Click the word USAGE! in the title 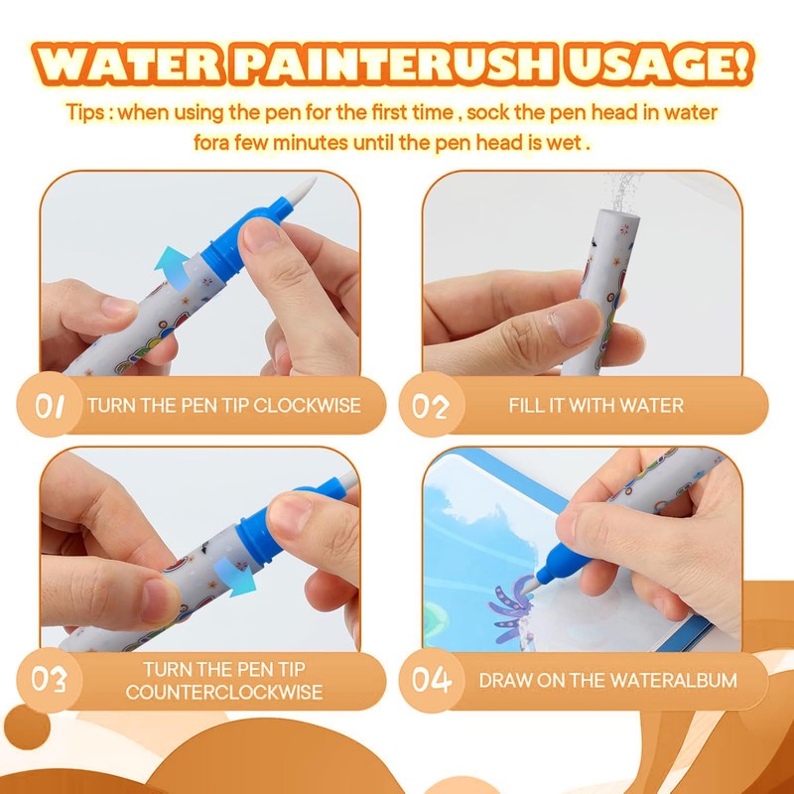coord(659,65)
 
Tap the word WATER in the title coord(128,65)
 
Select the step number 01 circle coord(49,405)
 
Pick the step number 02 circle coord(432,405)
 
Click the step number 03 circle coord(49,680)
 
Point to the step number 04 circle coord(432,680)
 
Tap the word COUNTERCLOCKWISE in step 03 coord(224,692)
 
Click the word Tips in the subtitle coord(85,112)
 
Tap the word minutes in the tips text coord(311,143)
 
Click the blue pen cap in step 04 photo coord(563,562)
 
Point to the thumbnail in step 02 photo coord(575,322)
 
